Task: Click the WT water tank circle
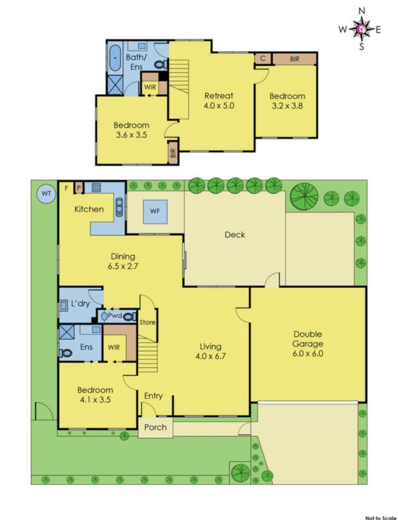pos(46,193)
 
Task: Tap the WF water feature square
pos(155,211)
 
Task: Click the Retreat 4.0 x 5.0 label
pos(219,100)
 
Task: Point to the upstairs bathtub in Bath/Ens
pos(115,58)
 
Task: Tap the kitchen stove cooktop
pos(96,187)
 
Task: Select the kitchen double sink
pos(119,207)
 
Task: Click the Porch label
pos(155,427)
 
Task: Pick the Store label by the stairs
pos(147,322)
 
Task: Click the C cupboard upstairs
pos(263,58)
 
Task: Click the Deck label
pos(235,235)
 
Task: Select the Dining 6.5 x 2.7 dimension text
pos(123,266)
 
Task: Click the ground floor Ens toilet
pos(66,353)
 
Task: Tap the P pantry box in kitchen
pos(79,188)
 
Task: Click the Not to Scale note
pos(381,517)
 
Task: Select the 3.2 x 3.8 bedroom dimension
pos(287,106)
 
